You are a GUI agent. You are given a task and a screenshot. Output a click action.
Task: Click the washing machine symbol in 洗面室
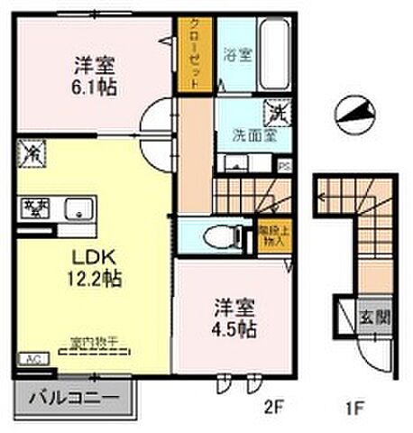(275, 113)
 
